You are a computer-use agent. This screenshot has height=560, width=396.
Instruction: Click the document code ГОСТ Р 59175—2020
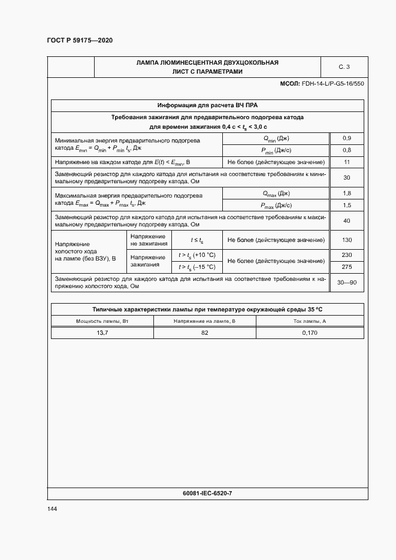(x=80, y=40)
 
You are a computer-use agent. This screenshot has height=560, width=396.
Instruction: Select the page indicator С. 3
(x=344, y=66)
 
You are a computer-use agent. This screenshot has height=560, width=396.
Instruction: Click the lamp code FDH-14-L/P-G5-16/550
(x=332, y=83)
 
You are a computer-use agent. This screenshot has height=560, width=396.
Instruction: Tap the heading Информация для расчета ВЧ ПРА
(x=207, y=105)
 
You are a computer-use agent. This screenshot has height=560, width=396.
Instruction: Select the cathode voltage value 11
(x=346, y=162)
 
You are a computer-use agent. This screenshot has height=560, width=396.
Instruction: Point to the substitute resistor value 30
(x=346, y=177)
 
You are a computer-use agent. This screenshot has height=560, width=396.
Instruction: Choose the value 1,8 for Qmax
(x=346, y=193)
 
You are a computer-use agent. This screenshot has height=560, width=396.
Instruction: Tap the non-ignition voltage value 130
(x=346, y=240)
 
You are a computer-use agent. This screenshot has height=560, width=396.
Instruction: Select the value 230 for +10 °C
(x=346, y=255)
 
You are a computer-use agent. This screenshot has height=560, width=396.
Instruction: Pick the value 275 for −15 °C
(x=346, y=267)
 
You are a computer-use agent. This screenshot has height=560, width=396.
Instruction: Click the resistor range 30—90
(x=347, y=282)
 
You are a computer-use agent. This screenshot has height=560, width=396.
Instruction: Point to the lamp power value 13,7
(x=102, y=332)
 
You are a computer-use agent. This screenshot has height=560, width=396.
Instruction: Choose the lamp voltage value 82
(x=205, y=332)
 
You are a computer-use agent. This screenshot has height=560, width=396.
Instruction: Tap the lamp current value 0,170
(x=310, y=332)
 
